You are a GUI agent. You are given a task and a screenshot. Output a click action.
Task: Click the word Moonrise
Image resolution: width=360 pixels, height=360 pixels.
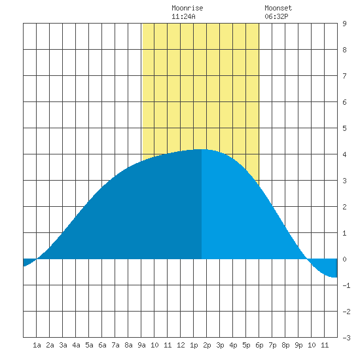point(187,9)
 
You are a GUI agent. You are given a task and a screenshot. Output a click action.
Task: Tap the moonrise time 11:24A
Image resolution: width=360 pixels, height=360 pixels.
point(183,16)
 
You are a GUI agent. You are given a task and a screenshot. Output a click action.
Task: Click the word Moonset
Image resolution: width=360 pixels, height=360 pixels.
point(278,9)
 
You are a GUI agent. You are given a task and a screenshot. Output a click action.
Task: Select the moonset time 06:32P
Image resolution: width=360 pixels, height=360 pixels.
point(276,16)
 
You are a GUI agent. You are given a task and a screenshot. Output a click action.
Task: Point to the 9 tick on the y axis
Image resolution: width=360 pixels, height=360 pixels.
point(344,24)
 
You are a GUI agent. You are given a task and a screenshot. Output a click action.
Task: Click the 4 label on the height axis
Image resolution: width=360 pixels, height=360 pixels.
point(344,154)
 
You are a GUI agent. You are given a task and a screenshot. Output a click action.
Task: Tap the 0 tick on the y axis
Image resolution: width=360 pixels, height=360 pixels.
point(344,259)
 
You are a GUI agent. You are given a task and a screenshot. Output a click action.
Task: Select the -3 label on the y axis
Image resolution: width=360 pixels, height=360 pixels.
point(346,338)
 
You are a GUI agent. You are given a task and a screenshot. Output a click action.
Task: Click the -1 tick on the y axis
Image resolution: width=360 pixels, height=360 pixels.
point(346,285)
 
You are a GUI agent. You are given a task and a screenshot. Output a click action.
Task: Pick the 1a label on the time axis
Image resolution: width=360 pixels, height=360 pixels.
point(37,345)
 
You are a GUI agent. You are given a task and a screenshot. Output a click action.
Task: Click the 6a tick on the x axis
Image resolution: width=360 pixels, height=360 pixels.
point(102,345)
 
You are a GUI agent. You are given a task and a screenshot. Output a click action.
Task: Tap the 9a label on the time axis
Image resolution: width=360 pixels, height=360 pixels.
point(141,345)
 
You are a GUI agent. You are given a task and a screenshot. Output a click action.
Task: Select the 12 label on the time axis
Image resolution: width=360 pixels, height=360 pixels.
point(181,345)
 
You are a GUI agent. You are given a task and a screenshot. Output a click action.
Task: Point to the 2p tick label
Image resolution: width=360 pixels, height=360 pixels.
point(207,345)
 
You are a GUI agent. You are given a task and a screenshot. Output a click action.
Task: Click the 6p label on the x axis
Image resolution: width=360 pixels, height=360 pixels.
point(259,345)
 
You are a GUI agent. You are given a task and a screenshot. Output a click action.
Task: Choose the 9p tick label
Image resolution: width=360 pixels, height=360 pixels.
point(298,345)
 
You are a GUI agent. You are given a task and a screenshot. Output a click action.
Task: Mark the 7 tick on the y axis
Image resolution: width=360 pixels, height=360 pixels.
point(344,76)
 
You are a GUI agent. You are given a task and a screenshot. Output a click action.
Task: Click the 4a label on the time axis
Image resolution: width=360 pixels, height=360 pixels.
point(76,345)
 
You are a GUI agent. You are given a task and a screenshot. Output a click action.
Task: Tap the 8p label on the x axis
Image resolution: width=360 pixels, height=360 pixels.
point(285,345)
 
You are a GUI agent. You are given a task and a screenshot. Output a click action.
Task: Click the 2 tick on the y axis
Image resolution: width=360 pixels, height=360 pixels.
point(344,207)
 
